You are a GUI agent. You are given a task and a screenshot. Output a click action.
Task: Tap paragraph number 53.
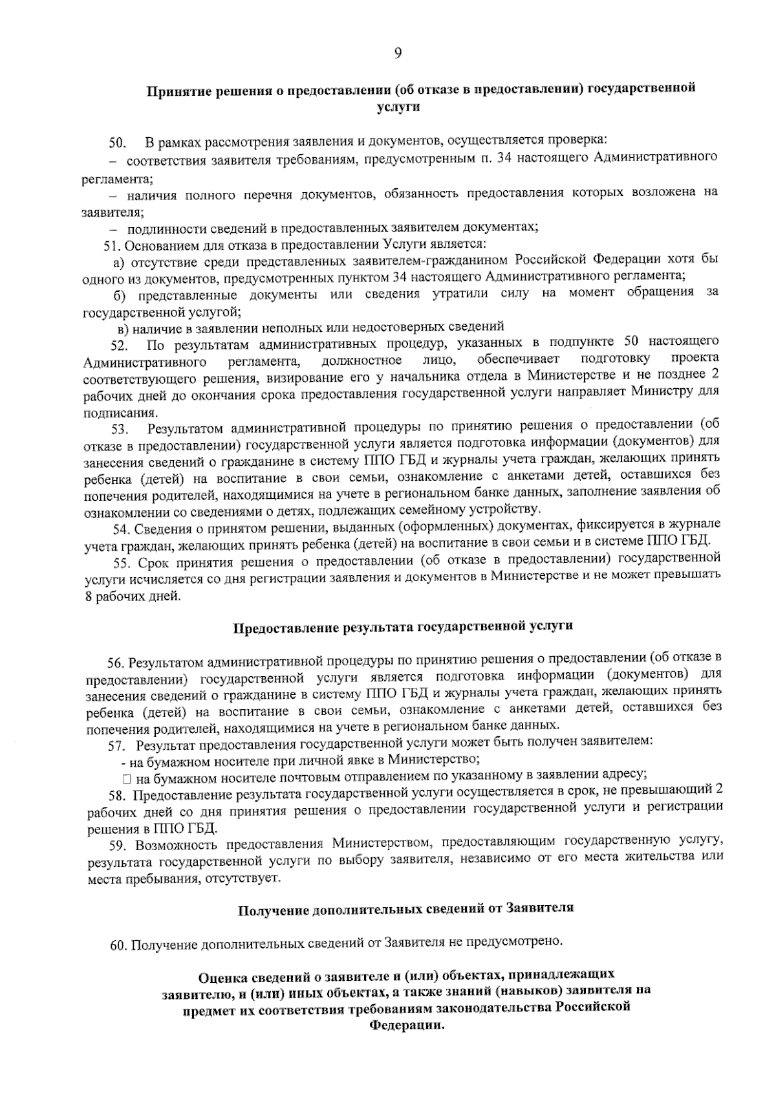pyautogui.click(x=121, y=428)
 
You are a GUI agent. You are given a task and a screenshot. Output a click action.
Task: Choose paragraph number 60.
pyautogui.click(x=118, y=945)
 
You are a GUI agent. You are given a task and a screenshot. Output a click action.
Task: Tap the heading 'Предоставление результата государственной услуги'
pyautogui.click(x=402, y=627)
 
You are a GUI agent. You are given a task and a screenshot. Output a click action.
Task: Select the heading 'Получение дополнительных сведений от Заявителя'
pyautogui.click(x=406, y=909)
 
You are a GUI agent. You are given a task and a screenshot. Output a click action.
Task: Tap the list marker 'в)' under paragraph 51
pyautogui.click(x=122, y=328)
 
